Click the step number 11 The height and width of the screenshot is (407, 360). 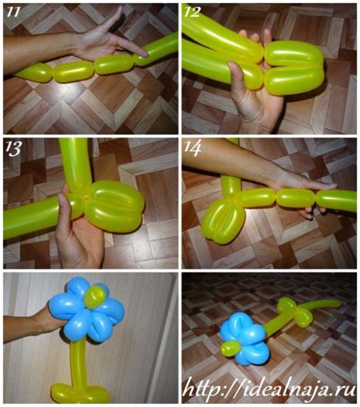(13, 12)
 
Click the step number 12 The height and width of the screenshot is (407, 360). (192, 11)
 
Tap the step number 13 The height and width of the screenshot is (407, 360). (13, 149)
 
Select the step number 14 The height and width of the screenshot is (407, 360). (192, 148)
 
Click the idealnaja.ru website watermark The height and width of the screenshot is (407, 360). (269, 389)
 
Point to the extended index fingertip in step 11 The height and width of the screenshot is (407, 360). (145, 54)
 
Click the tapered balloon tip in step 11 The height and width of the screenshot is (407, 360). (21, 74)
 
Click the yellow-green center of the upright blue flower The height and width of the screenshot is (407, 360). (96, 296)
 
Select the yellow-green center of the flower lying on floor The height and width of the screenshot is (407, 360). (231, 348)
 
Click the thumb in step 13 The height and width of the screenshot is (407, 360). (63, 205)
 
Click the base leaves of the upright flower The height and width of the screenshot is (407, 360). (79, 393)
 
